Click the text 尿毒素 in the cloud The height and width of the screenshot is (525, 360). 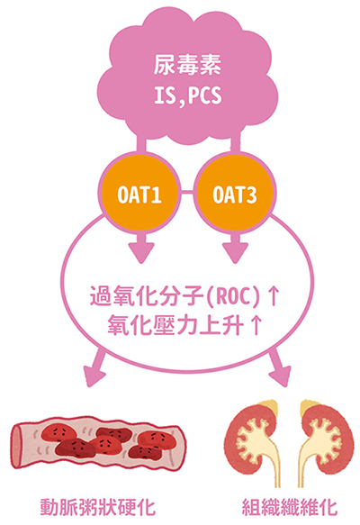[187, 65]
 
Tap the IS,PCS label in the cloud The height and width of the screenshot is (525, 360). [188, 95]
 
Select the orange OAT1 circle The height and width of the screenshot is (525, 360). [139, 194]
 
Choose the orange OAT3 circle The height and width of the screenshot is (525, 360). [235, 194]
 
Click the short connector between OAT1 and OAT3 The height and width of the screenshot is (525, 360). [187, 192]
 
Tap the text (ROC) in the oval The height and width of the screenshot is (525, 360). [233, 295]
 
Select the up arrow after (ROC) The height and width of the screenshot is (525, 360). [273, 296]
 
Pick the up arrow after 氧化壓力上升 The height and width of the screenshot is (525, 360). [255, 325]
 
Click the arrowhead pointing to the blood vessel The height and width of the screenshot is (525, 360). [93, 376]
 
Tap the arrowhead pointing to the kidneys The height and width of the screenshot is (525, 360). [281, 376]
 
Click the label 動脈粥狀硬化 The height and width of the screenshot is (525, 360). [98, 507]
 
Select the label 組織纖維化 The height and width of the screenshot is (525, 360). [290, 507]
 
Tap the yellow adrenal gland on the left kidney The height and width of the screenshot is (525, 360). [270, 406]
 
